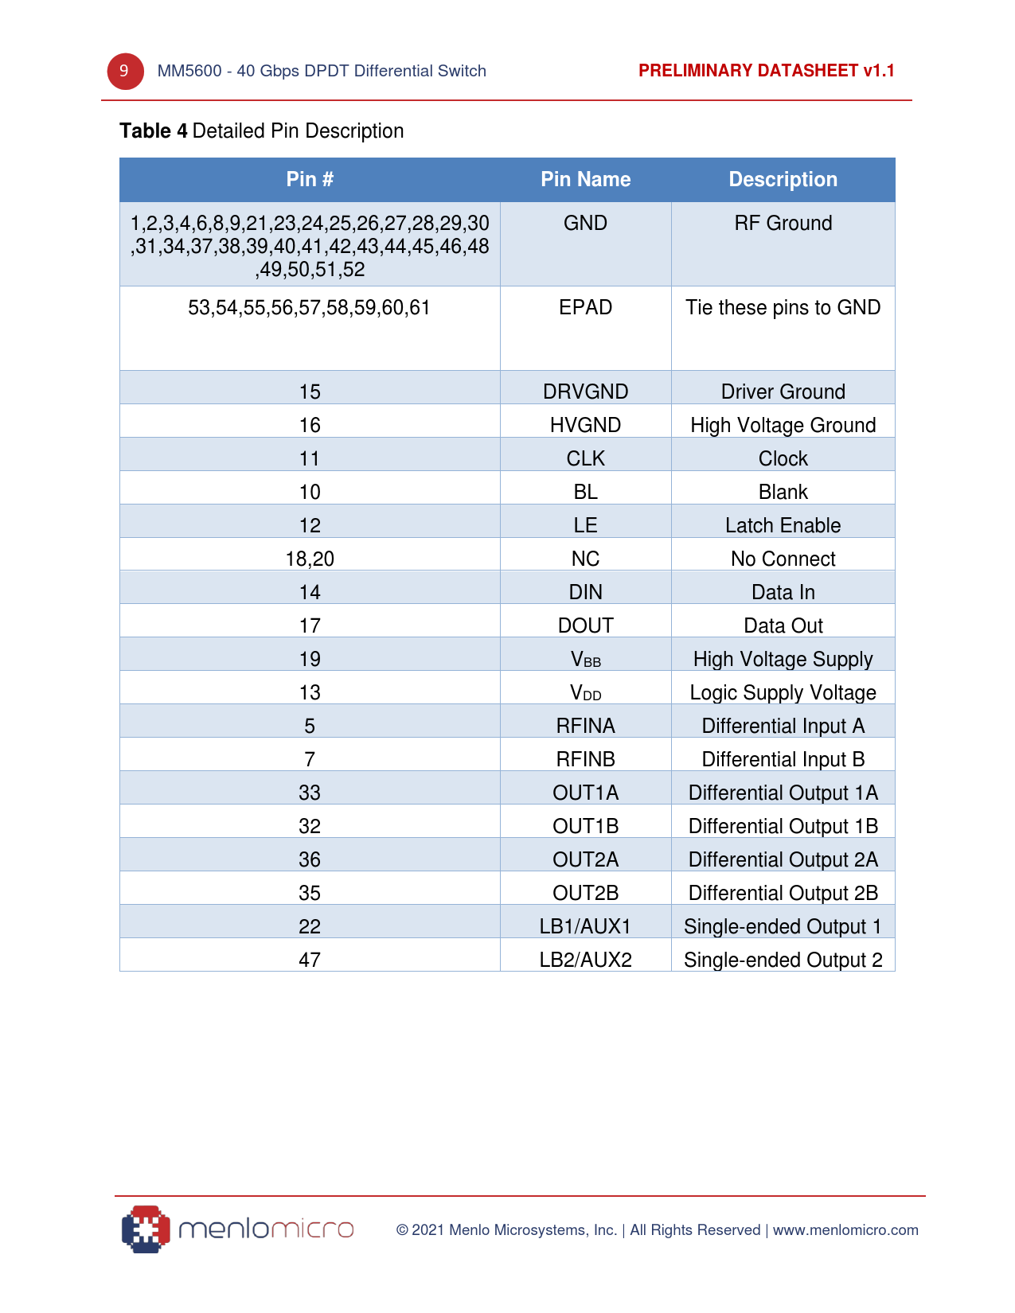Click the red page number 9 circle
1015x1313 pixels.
point(125,72)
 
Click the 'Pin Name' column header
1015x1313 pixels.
point(585,180)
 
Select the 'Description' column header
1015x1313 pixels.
point(783,180)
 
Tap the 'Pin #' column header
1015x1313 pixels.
point(310,180)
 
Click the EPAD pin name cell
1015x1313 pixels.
point(585,308)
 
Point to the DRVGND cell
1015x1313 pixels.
point(585,392)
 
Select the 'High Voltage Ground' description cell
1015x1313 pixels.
point(783,425)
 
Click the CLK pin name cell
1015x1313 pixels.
point(585,458)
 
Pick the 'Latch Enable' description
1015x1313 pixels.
point(783,525)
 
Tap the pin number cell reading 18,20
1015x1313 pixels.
point(310,559)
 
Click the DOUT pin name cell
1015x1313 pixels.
point(585,625)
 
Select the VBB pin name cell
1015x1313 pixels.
point(585,660)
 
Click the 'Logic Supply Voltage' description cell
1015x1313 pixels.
point(783,692)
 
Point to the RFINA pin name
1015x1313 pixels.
point(585,726)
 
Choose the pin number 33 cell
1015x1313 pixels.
point(310,793)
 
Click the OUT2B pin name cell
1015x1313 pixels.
point(585,893)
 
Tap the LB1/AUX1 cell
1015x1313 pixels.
point(585,926)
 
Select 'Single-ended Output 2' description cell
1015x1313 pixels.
point(783,960)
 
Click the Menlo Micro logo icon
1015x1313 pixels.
point(146,1229)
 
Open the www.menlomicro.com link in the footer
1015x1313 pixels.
point(845,1230)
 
